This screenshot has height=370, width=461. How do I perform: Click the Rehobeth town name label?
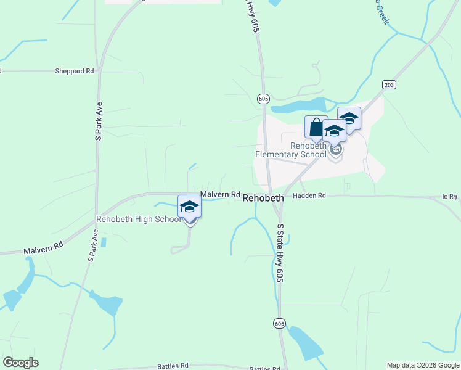tap(263, 198)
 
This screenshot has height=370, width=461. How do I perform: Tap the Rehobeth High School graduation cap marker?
tap(189, 207)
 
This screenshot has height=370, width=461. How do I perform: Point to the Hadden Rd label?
tap(309, 195)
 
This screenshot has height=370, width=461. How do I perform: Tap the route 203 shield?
tap(388, 84)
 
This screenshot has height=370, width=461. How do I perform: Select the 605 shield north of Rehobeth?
tap(263, 99)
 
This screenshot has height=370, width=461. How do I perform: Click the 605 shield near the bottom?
tap(280, 323)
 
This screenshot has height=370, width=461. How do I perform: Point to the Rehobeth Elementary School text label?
tap(308, 150)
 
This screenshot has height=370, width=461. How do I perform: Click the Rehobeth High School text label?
tap(139, 220)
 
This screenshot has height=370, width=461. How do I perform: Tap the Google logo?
tap(20, 363)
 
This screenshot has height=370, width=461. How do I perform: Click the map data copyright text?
tap(423, 365)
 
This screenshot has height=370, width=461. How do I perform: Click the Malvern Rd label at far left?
tap(43, 248)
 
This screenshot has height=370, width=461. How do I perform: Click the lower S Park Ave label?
tap(92, 247)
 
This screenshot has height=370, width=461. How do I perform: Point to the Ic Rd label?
tap(449, 197)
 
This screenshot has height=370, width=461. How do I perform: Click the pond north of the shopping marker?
tap(299, 106)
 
